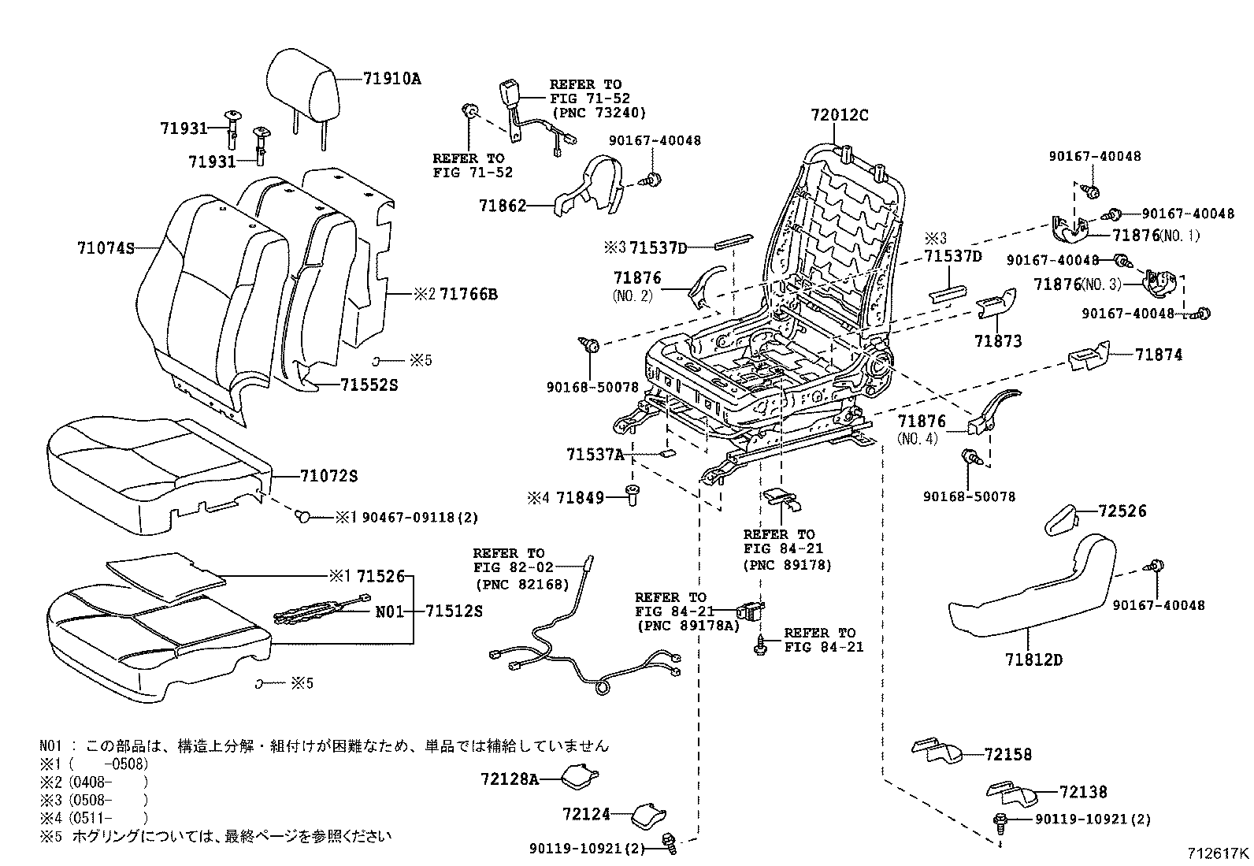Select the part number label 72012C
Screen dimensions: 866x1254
(839, 115)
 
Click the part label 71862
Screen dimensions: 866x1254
(502, 206)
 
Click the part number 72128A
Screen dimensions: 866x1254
(510, 779)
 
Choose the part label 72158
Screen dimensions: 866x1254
(1007, 754)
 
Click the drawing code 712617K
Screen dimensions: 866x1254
(1219, 853)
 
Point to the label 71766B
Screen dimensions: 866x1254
(468, 294)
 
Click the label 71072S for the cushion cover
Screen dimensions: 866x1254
(328, 477)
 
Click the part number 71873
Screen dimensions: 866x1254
(997, 340)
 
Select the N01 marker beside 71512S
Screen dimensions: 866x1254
(387, 610)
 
